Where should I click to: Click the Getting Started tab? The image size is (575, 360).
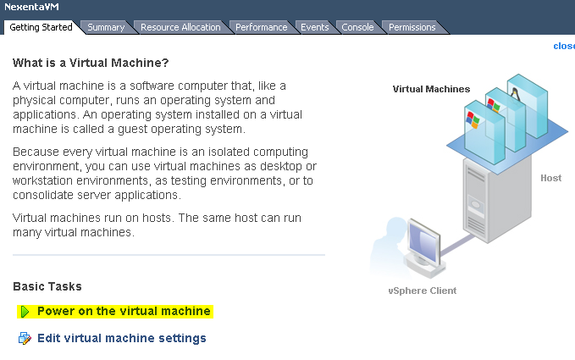tap(41, 27)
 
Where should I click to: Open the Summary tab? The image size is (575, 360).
tap(106, 27)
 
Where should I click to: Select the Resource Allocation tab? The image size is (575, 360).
tap(180, 27)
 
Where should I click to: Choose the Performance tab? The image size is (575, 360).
tap(261, 27)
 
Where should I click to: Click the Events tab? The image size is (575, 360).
tap(315, 27)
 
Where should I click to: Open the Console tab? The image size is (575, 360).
tap(358, 27)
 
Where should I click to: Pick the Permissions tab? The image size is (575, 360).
tap(412, 27)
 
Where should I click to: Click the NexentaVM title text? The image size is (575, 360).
tap(32, 7)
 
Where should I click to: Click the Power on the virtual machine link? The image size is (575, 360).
tap(124, 311)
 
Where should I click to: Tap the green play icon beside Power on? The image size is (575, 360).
tap(25, 312)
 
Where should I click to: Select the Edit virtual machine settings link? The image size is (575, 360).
tap(121, 338)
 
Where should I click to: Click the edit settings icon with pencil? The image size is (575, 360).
tap(25, 339)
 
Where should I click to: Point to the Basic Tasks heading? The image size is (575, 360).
tap(47, 286)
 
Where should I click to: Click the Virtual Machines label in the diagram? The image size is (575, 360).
tap(431, 89)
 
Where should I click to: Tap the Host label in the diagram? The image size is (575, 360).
tap(550, 178)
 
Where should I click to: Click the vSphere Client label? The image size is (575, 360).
tap(422, 291)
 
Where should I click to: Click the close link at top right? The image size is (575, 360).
tap(563, 46)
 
